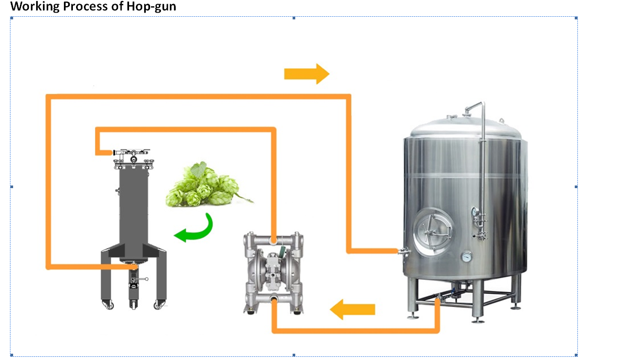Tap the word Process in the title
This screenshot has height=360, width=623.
pyautogui.click(x=84, y=7)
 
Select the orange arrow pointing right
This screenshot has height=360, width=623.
pyautogui.click(x=306, y=73)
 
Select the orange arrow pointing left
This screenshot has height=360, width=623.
pyautogui.click(x=352, y=309)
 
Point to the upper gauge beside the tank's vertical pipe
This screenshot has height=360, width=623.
pyautogui.click(x=476, y=212)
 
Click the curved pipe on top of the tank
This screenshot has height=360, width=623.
pyautogui.click(x=475, y=107)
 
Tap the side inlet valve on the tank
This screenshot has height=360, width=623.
pyautogui.click(x=403, y=252)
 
